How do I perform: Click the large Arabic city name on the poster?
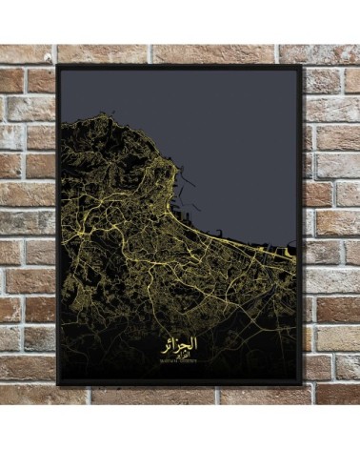pos(179,339)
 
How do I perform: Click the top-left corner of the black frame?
pos(57,66)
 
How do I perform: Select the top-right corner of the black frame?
pos(303,67)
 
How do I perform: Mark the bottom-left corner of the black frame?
pos(57,384)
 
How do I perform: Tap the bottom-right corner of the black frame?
pos(303,384)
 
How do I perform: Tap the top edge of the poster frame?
pos(180,67)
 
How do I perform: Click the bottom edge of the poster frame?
pos(180,383)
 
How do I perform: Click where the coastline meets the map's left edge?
pos(63,128)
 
